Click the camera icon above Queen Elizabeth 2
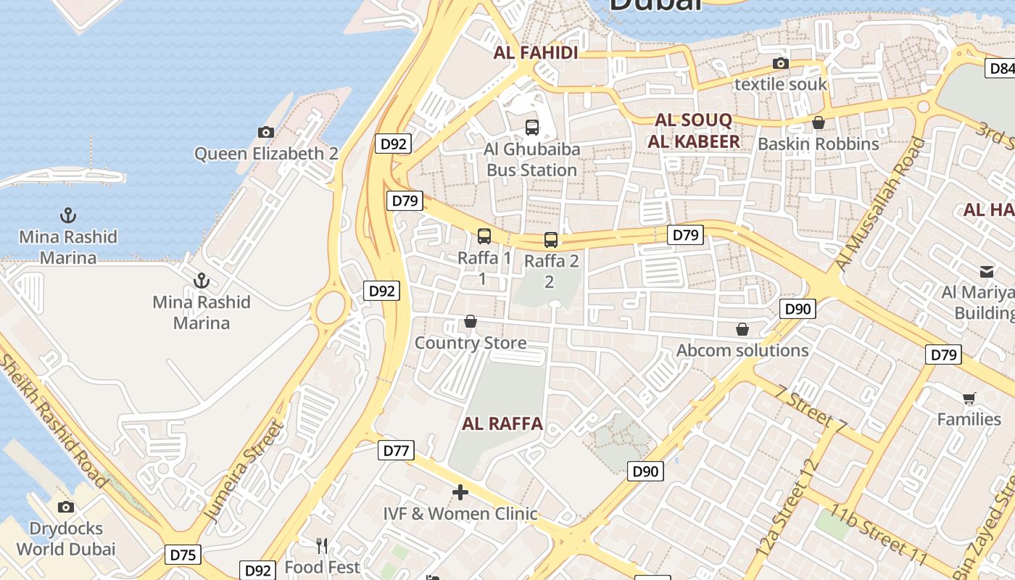pos(266,132)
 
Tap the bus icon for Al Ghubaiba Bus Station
pos(532,128)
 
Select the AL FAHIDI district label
pos(536,53)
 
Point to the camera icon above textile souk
pos(781,64)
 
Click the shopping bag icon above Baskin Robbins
pos(819,123)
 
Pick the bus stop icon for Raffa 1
pos(484,236)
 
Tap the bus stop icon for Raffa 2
pos(551,240)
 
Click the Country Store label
pos(471,343)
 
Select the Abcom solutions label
pos(742,351)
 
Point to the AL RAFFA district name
pos(502,424)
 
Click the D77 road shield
pos(396,451)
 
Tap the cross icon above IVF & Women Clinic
pos(460,493)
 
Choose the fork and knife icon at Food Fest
pos(322,545)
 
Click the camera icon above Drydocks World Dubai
pos(66,507)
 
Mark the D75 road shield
pos(183,555)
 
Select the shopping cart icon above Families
pos(969,398)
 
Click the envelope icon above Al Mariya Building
pos(987,272)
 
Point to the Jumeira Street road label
pos(243,471)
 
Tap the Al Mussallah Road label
pos(880,204)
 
